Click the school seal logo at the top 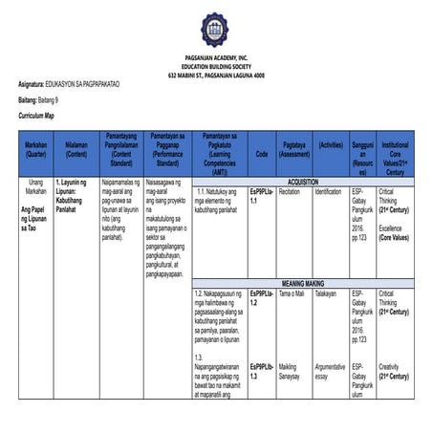[x=215, y=30]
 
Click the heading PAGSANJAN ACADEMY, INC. [x=216, y=59]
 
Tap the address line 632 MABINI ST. [x=216, y=75]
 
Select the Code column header [x=261, y=153]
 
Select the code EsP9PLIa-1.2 [x=261, y=298]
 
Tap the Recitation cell [x=290, y=191]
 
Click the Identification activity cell [x=328, y=191]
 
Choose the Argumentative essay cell [x=330, y=371]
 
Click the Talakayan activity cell [x=326, y=294]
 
